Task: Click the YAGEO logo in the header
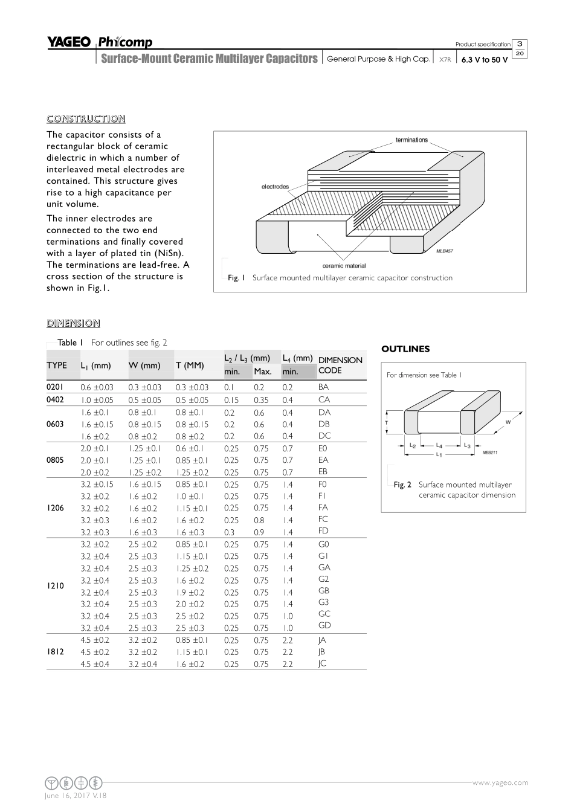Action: click(69, 42)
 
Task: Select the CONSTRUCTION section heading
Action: click(86, 118)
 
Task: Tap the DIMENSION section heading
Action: click(73, 323)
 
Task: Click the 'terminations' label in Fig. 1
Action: click(411, 140)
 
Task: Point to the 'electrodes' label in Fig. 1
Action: click(275, 187)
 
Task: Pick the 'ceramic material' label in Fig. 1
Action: click(344, 266)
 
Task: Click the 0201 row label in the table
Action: click(55, 387)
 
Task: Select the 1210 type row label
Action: click(55, 586)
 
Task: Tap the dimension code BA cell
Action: click(324, 387)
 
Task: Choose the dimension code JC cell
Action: click(322, 663)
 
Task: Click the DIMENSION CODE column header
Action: click(340, 366)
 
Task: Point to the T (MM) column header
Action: click(190, 365)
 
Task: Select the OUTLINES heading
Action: click(405, 349)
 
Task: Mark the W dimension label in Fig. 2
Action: click(508, 422)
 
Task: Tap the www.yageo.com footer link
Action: click(500, 782)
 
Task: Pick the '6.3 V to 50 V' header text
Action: click(485, 60)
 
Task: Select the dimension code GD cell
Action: click(324, 625)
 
